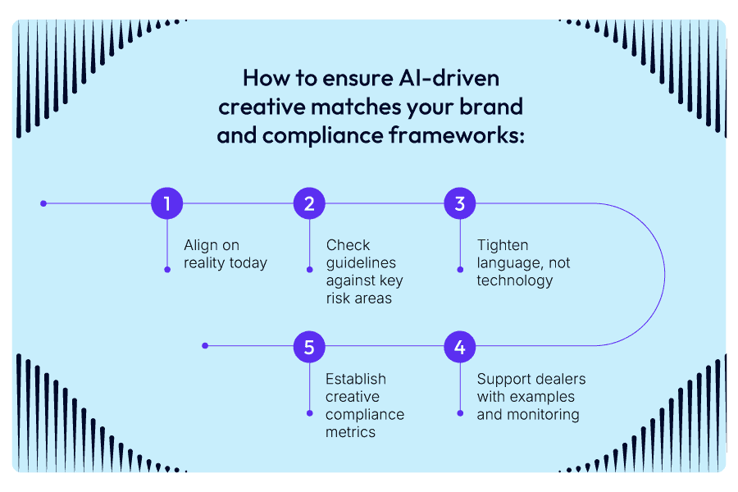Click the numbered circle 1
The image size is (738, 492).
coord(167,204)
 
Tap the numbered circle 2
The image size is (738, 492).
coord(309,204)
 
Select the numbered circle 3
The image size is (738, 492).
coord(460,204)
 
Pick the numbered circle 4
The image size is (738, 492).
coord(460,347)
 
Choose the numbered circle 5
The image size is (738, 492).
coord(309,347)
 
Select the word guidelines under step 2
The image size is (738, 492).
coord(361,263)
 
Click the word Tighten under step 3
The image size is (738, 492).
coord(502,245)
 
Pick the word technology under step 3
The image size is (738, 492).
coord(515,281)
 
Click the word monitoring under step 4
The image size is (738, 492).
coord(541,415)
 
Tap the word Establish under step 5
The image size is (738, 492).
coord(356,379)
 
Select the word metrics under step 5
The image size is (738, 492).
coord(351,432)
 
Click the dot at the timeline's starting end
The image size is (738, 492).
coord(43,203)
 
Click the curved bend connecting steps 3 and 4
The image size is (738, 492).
coord(663,275)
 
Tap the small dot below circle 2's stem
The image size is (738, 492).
coord(309,269)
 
